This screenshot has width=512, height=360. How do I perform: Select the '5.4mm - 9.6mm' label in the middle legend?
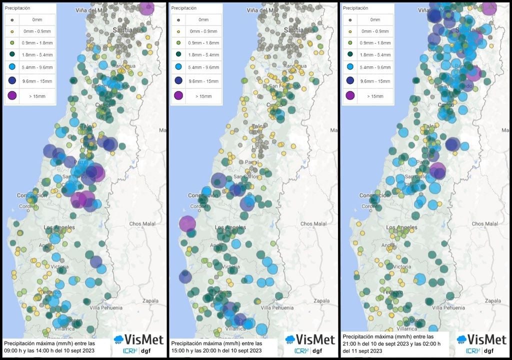point(203,66)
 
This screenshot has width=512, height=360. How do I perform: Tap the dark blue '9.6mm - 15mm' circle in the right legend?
point(349,81)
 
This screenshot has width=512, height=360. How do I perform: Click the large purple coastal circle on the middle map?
point(187,224)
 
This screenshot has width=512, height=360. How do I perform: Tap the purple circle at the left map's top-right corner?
point(146,8)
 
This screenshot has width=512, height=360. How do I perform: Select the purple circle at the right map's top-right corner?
point(489,8)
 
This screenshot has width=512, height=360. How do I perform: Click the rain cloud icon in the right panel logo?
point(461,340)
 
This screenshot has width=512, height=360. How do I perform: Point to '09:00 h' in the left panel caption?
point(14,351)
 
